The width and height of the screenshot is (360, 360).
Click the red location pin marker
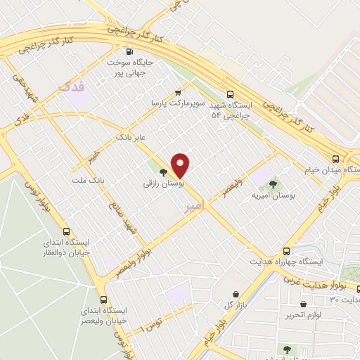pyautogui.click(x=181, y=165)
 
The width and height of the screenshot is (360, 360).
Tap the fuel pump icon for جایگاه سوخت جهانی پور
pyautogui.click(x=129, y=51)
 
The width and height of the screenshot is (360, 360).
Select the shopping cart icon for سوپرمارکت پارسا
pyautogui.click(x=178, y=91)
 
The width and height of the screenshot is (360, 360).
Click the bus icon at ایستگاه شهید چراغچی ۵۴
pyautogui.click(x=231, y=94)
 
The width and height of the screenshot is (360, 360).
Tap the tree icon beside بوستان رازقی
pyautogui.click(x=163, y=172)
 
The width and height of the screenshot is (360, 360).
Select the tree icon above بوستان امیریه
pyautogui.click(x=273, y=184)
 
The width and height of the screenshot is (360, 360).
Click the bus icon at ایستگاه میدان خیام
pyautogui.click(x=335, y=159)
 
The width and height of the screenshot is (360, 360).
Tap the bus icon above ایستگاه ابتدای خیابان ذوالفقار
pyautogui.click(x=67, y=231)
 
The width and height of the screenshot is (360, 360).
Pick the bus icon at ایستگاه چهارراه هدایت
pyautogui.click(x=286, y=251)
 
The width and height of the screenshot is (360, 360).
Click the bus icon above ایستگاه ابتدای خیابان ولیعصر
pyautogui.click(x=104, y=298)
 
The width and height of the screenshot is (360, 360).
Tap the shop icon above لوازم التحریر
pyautogui.click(x=303, y=305)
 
